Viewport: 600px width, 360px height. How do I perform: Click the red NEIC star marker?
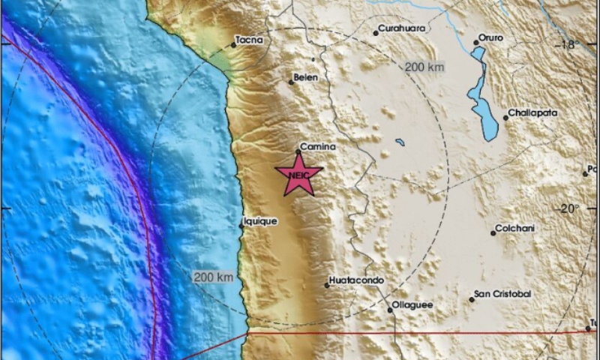pyautogui.click(x=299, y=175)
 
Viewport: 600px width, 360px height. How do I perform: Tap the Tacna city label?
pyautogui.click(x=249, y=40)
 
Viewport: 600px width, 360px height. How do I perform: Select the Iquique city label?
pyautogui.click(x=260, y=222)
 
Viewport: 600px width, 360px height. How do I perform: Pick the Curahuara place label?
pyautogui.click(x=403, y=28)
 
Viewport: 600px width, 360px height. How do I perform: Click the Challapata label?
pyautogui.click(x=532, y=113)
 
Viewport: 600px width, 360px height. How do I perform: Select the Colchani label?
pyautogui.click(x=516, y=229)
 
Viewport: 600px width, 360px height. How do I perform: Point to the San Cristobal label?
pyautogui.click(x=503, y=295)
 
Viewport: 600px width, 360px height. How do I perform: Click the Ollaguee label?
pyautogui.click(x=412, y=306)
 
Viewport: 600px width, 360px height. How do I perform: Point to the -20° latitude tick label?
pyautogui.click(x=568, y=208)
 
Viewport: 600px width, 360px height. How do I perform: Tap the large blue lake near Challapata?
pyautogui.click(x=481, y=94)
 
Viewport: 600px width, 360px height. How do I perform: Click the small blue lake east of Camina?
pyautogui.click(x=400, y=142)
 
